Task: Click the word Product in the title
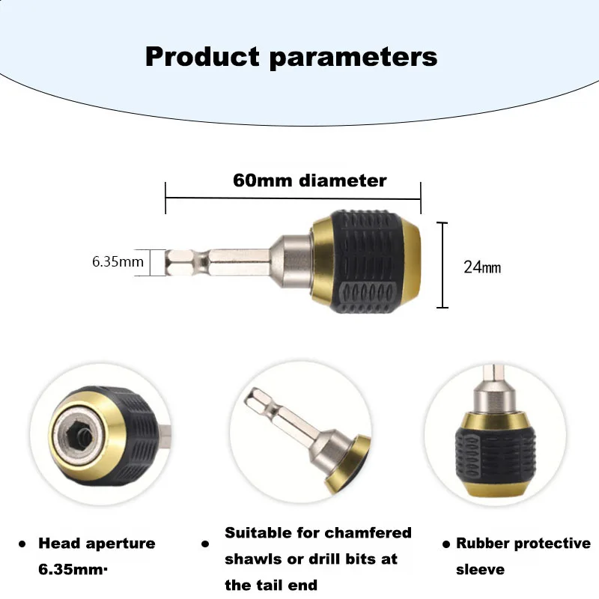(x=201, y=56)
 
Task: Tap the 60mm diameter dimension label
(x=309, y=180)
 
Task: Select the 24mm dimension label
(x=481, y=267)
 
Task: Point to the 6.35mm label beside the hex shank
(x=118, y=261)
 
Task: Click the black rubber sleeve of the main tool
(x=362, y=261)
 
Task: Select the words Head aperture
(x=97, y=544)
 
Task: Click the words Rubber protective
(x=523, y=544)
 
